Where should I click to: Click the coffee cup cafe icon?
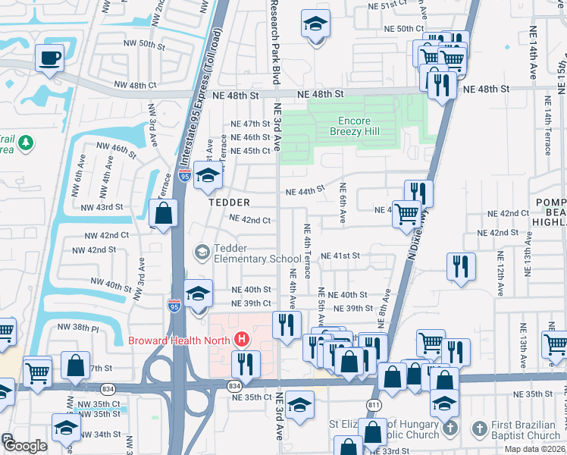[x=50, y=58]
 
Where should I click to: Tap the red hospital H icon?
[x=242, y=339]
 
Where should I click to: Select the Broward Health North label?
[x=181, y=339]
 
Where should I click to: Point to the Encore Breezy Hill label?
[x=350, y=126]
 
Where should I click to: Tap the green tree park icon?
[x=26, y=143]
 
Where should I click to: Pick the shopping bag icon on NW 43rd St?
[x=163, y=213]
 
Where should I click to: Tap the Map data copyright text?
[x=534, y=450]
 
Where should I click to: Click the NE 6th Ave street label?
[x=343, y=202]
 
